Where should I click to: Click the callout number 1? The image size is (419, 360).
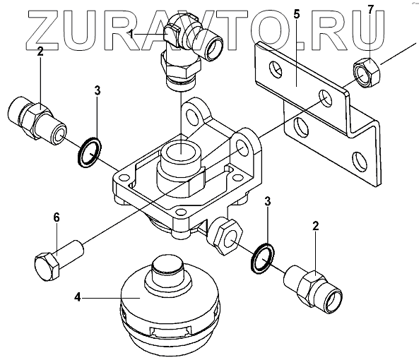(131, 35)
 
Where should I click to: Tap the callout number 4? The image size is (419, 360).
(77, 297)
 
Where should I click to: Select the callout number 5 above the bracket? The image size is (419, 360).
(297, 14)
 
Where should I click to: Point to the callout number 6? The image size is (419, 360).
(57, 217)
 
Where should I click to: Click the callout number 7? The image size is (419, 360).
(370, 10)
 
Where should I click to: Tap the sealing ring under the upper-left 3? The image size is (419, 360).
(89, 152)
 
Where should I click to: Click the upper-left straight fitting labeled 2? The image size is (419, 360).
(37, 120)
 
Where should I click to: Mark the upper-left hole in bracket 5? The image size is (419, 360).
(276, 70)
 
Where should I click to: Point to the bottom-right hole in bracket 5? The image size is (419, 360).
(360, 162)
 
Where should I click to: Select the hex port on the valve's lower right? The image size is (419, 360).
(225, 236)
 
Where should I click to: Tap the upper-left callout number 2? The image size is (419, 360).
(40, 51)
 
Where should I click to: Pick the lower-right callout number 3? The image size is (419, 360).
(268, 201)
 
